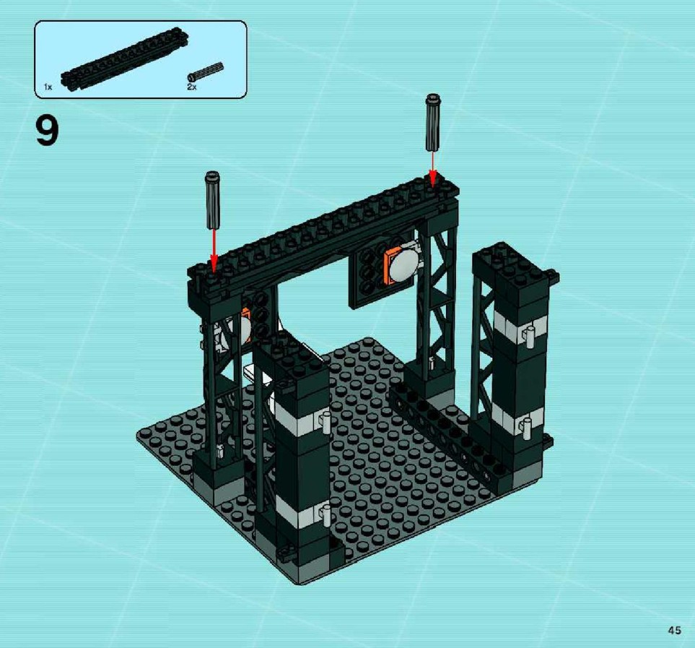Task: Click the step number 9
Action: click(x=46, y=130)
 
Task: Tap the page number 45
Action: click(x=675, y=630)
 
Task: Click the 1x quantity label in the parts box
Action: click(x=48, y=87)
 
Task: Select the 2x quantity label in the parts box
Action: click(x=191, y=87)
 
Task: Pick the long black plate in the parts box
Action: click(x=126, y=59)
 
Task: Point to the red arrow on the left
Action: click(x=214, y=250)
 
